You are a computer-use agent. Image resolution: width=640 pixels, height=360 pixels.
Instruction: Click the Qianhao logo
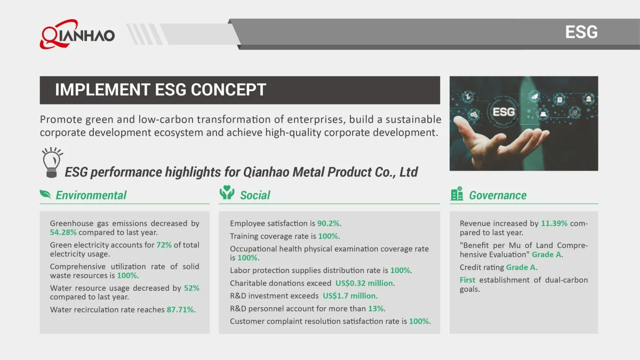pyautogui.click(x=77, y=34)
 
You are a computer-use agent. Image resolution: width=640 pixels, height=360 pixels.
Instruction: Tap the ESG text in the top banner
pyautogui.click(x=581, y=32)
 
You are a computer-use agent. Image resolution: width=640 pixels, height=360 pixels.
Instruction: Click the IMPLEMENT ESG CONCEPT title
pyautogui.click(x=161, y=90)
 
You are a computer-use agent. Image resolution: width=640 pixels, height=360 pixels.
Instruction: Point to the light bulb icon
pyautogui.click(x=52, y=162)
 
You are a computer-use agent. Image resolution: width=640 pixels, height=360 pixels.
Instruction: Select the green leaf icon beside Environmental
pyautogui.click(x=45, y=194)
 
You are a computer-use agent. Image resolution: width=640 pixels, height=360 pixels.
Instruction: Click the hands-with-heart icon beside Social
pyautogui.click(x=227, y=193)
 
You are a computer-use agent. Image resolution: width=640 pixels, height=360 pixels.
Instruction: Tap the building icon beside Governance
pyautogui.click(x=457, y=194)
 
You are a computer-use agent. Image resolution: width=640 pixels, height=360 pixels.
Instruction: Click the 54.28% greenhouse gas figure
pyautogui.click(x=63, y=233)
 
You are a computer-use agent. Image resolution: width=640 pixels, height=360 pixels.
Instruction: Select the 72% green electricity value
pyautogui.click(x=164, y=245)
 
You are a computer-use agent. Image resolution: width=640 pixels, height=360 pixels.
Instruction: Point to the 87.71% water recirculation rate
pyautogui.click(x=180, y=309)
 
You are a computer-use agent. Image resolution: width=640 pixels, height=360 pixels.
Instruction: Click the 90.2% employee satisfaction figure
pyautogui.click(x=329, y=223)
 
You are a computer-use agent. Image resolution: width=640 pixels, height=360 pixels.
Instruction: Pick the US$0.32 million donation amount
pyautogui.click(x=364, y=283)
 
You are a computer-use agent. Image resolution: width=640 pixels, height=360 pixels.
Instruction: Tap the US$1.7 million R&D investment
pyautogui.click(x=349, y=295)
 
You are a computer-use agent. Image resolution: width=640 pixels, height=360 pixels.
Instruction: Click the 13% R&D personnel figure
pyautogui.click(x=375, y=309)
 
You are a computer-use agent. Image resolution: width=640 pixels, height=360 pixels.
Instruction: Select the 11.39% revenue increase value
pyautogui.click(x=554, y=223)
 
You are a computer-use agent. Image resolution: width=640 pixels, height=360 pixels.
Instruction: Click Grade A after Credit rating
pyautogui.click(x=521, y=267)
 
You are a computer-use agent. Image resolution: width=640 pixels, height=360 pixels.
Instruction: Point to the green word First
pyautogui.click(x=467, y=279)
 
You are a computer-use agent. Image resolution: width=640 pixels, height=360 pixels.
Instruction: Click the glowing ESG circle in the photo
pyautogui.click(x=503, y=111)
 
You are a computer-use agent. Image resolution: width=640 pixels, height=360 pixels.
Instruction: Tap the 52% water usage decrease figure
pyautogui.click(x=191, y=287)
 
